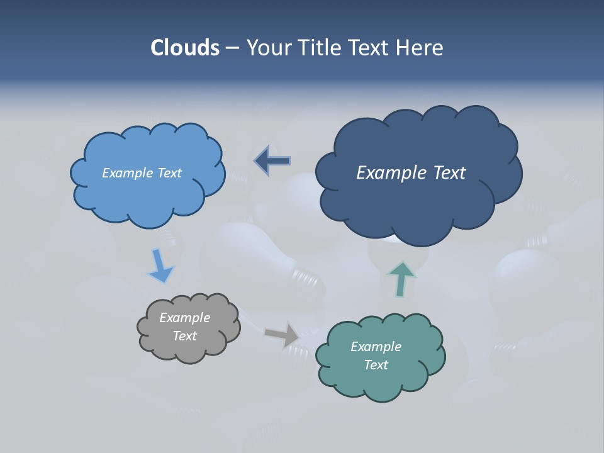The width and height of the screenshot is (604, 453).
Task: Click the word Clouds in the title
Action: click(x=184, y=48)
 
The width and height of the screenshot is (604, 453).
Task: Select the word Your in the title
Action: click(x=269, y=48)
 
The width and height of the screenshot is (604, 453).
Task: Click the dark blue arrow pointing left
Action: click(x=272, y=160)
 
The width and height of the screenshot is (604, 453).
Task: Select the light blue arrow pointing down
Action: click(x=160, y=266)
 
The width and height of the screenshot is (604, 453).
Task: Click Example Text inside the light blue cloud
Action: click(x=142, y=173)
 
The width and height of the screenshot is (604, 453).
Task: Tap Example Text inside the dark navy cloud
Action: click(x=411, y=173)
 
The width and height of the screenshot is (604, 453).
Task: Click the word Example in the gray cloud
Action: click(x=184, y=318)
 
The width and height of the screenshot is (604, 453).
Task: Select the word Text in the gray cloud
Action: click(x=184, y=336)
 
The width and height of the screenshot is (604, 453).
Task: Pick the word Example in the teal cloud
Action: click(x=376, y=347)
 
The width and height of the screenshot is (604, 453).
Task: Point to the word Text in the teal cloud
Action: click(x=376, y=365)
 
